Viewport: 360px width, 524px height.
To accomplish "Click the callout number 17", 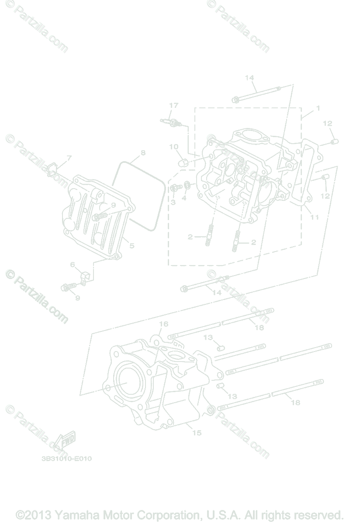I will coord(174,105).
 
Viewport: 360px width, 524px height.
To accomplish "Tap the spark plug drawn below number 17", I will coord(171,122).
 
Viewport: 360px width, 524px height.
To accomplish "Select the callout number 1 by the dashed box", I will coord(318,108).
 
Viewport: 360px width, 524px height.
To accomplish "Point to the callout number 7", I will coord(69,158).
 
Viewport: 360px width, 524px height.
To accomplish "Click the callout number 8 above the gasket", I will coord(142,153).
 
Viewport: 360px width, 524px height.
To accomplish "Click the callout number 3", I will coord(173,202).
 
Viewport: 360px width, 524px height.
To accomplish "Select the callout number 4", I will coord(184,198).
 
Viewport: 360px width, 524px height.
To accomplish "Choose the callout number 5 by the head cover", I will coord(132,246).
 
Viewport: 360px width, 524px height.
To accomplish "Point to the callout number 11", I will coord(315,217).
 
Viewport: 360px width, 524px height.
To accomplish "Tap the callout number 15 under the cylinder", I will coord(197,433).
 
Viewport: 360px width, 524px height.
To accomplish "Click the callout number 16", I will coord(163,324).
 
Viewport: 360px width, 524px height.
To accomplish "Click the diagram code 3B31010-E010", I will coord(66,459).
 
